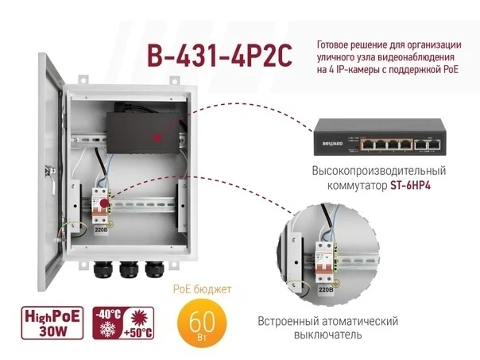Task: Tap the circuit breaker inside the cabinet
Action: (x=102, y=211)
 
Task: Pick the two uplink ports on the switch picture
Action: (x=428, y=144)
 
